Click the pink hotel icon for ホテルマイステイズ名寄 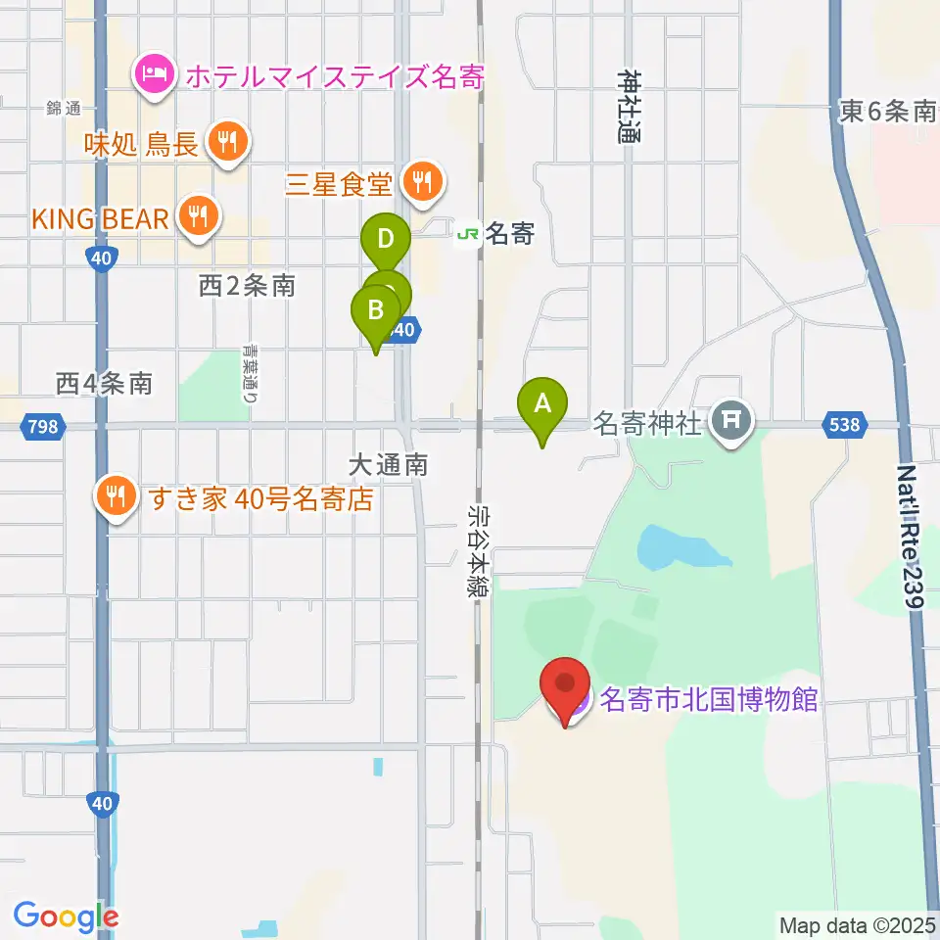(156, 74)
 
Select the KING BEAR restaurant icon (200, 217)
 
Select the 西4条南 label (104, 383)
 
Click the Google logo (66, 916)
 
